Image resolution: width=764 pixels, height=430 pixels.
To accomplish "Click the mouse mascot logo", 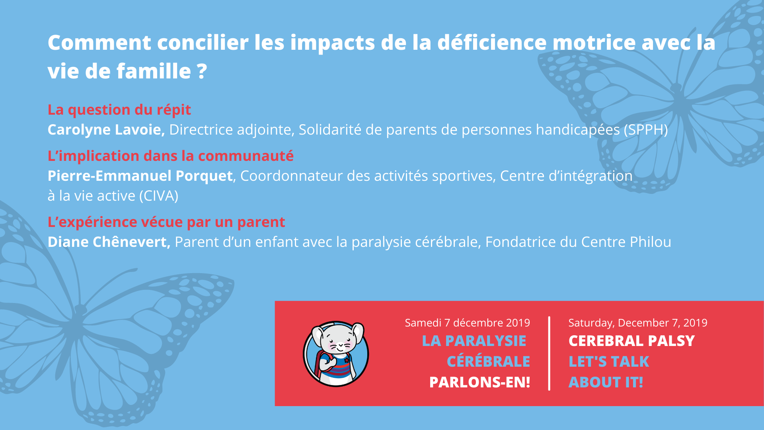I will pos(336,354).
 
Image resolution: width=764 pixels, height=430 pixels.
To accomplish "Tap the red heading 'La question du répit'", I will pos(119,109).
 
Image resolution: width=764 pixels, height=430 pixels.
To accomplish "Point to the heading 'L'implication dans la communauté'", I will pos(170,156).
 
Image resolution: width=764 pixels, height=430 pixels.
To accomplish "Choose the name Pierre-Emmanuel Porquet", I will pos(140,176).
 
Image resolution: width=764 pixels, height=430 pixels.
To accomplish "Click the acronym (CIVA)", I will pos(159,196).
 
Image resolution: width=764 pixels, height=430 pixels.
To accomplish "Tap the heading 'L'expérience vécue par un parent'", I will pos(166,222).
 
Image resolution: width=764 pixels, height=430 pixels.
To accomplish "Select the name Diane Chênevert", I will pos(109,242).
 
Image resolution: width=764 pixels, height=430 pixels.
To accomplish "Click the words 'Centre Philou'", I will pos(626,242).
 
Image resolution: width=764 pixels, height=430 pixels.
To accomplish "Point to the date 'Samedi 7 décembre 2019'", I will pos(467,322).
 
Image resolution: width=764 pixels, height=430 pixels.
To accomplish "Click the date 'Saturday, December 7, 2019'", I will pos(637,322).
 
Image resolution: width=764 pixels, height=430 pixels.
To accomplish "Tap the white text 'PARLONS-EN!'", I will pos(479,382).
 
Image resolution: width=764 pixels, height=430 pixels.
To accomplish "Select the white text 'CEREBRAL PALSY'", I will pos(631,341).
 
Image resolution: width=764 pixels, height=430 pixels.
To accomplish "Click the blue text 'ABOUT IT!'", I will pos(606,382).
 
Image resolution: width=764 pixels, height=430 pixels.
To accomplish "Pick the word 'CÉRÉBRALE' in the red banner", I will pos(488,362).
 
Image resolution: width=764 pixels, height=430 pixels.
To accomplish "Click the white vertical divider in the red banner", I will pos(549,353).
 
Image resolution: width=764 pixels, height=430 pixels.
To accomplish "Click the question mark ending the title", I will pos(202,72).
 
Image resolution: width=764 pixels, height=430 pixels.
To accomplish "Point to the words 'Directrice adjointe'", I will pos(230,130).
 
